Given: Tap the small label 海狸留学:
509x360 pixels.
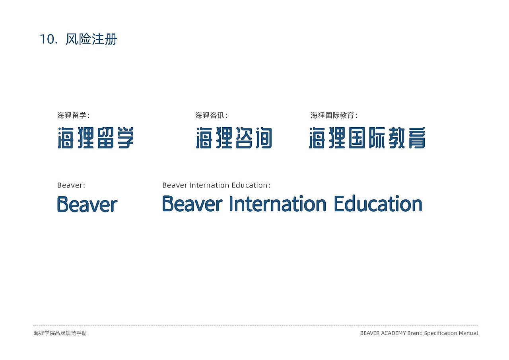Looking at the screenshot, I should (74, 116).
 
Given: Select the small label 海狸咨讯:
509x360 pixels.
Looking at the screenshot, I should (212, 116).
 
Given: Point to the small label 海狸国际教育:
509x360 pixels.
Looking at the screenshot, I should (334, 116).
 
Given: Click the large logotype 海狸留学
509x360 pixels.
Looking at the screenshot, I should (96, 138).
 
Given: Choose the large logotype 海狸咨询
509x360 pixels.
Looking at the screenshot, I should (234, 138).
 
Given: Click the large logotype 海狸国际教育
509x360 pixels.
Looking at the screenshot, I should (367, 138).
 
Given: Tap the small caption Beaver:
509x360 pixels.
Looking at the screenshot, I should (71, 185).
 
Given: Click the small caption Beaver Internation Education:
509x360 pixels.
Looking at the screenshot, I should (216, 185).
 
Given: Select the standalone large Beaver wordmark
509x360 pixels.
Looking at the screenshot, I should (87, 204).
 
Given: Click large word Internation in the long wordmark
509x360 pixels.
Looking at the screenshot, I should (278, 204).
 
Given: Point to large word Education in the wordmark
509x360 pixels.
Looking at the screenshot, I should (378, 204).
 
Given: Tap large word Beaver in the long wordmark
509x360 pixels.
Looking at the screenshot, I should (192, 204).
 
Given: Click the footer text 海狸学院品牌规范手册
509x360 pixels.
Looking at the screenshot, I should (60, 333).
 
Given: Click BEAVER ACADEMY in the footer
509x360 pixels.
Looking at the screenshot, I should (383, 333).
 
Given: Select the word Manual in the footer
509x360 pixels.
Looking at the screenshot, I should (468, 333).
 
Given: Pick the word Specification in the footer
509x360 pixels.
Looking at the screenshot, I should (441, 333).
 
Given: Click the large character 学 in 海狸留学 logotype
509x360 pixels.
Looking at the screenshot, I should (124, 138).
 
